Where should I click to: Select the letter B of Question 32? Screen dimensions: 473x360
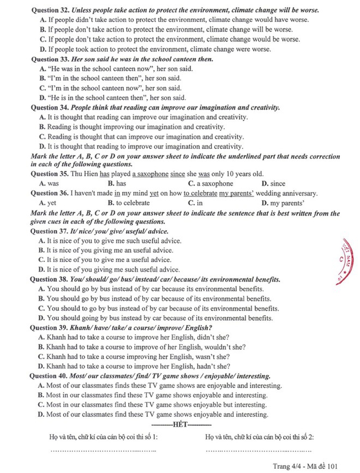point(42,29)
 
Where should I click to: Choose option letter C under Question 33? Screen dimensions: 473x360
point(42,88)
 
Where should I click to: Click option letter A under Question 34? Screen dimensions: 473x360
point(42,118)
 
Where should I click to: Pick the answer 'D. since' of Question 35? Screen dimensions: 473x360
point(273,183)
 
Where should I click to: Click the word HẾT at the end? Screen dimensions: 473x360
point(180,425)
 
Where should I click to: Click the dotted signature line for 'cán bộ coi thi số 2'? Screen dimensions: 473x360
point(259,451)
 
